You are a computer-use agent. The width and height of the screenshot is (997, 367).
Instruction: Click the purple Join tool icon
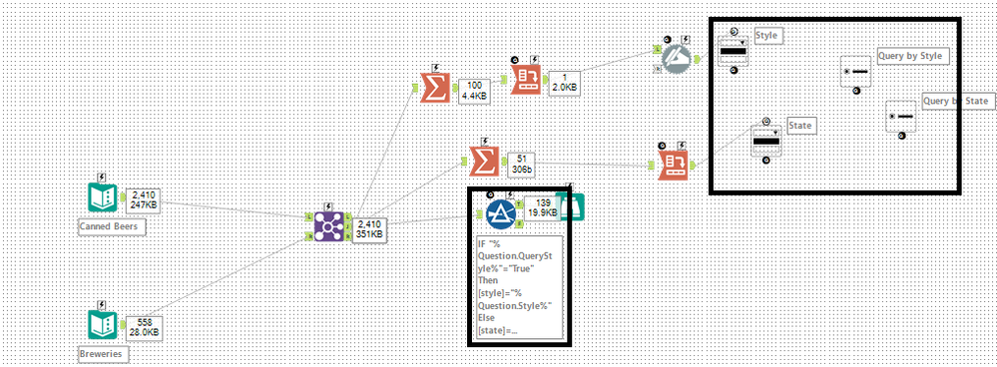tap(324, 224)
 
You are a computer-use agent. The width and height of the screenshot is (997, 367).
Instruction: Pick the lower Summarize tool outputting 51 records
tap(483, 160)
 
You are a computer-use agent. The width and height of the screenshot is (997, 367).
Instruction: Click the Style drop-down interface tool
tap(734, 50)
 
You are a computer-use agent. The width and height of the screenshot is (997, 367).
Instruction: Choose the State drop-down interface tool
tap(766, 141)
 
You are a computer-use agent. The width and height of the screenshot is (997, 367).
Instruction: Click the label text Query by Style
tap(909, 56)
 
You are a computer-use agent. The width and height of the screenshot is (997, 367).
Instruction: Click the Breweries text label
tap(102, 353)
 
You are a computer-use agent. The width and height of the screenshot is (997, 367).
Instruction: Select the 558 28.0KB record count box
tap(143, 326)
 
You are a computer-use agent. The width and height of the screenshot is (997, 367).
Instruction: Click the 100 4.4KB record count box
tap(474, 92)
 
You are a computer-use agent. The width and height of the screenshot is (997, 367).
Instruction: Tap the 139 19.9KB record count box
tap(542, 206)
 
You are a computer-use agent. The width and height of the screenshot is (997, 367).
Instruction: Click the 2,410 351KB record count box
tap(367, 229)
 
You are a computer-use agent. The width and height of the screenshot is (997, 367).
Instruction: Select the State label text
tap(800, 126)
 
